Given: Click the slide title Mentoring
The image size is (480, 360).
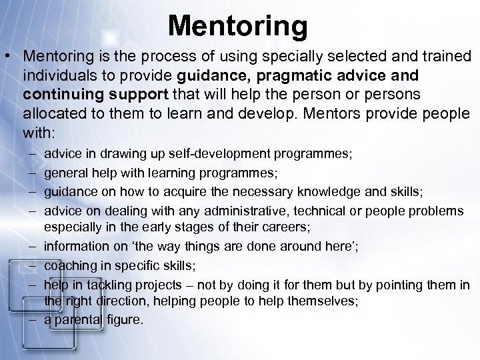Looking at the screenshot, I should click(238, 26).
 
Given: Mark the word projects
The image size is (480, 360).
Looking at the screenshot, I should click(156, 285).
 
